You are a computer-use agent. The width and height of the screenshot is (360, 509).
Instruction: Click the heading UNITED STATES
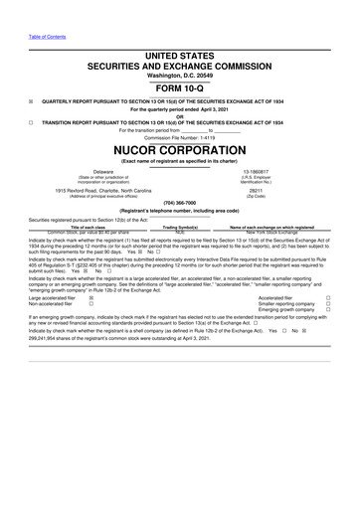(179, 58)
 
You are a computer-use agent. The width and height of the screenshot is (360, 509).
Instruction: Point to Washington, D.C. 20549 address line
(179, 76)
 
